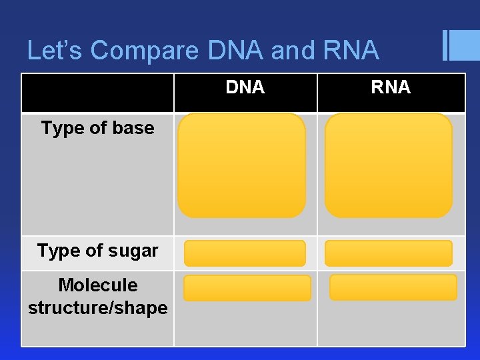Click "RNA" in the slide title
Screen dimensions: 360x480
click(x=351, y=51)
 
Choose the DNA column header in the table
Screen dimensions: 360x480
click(x=245, y=87)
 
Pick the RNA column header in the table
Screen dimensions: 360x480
click(x=391, y=87)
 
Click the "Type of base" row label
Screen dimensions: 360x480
click(x=97, y=128)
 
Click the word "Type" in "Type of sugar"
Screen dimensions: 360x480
click(x=57, y=251)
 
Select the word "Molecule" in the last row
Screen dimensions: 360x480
click(x=98, y=285)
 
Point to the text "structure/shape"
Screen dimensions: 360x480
click(x=98, y=308)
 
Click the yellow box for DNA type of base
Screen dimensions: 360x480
click(x=241, y=165)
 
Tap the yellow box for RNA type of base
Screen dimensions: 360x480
click(x=388, y=165)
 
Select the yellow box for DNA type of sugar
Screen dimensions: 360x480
click(x=245, y=253)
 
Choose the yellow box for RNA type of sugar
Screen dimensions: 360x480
click(x=388, y=253)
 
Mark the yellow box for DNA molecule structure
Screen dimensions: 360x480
click(x=247, y=288)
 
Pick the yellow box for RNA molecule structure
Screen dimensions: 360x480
click(x=393, y=287)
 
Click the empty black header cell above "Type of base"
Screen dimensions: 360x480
click(x=98, y=93)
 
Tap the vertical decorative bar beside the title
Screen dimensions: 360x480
click(x=445, y=46)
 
